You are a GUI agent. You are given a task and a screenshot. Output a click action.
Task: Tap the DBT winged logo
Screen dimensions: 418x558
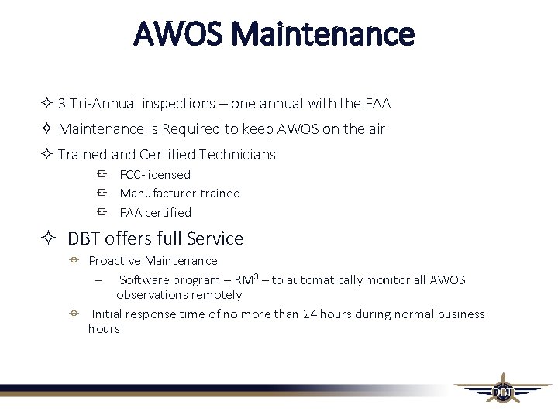pos(502,389)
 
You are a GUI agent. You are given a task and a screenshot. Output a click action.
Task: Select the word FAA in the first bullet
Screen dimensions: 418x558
pos(377,103)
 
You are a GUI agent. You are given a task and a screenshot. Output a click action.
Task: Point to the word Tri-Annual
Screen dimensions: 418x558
pos(105,103)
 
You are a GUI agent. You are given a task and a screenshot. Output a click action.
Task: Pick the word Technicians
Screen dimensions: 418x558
pos(236,154)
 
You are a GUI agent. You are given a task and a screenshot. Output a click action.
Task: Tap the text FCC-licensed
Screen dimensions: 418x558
pos(155,175)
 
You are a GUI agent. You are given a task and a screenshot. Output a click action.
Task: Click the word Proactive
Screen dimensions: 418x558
pos(115,261)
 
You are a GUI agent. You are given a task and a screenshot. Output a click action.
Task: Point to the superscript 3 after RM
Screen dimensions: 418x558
pos(255,276)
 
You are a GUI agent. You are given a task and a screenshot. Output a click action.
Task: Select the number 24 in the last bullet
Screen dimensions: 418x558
pos(311,313)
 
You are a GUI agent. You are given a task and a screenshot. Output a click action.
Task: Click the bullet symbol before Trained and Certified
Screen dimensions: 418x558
pos(47,154)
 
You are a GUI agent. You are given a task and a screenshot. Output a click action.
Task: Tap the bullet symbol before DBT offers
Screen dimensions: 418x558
pos(48,238)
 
